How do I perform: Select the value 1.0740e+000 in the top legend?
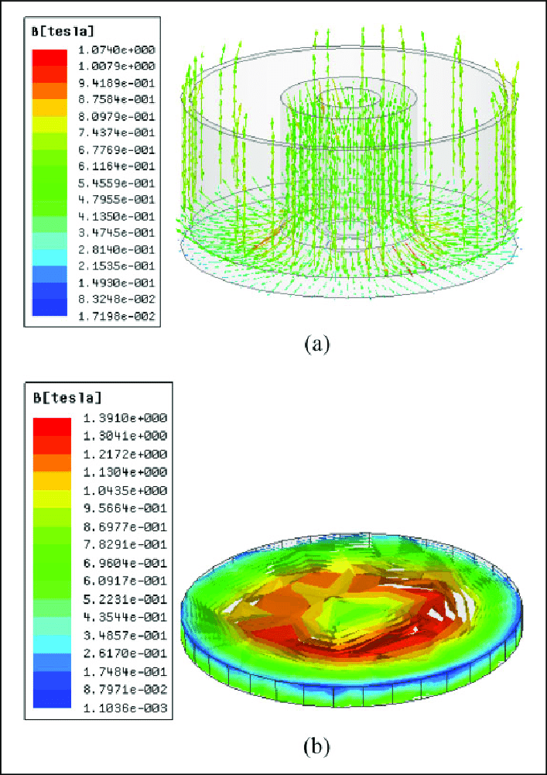point(117,50)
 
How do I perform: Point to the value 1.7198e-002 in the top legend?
point(117,316)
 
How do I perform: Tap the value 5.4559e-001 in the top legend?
point(117,183)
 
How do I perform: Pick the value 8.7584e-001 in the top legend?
point(117,99)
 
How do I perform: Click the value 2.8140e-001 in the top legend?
point(117,249)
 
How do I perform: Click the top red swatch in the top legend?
point(50,57)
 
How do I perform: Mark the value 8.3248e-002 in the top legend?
point(117,299)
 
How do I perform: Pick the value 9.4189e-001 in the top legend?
point(117,83)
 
